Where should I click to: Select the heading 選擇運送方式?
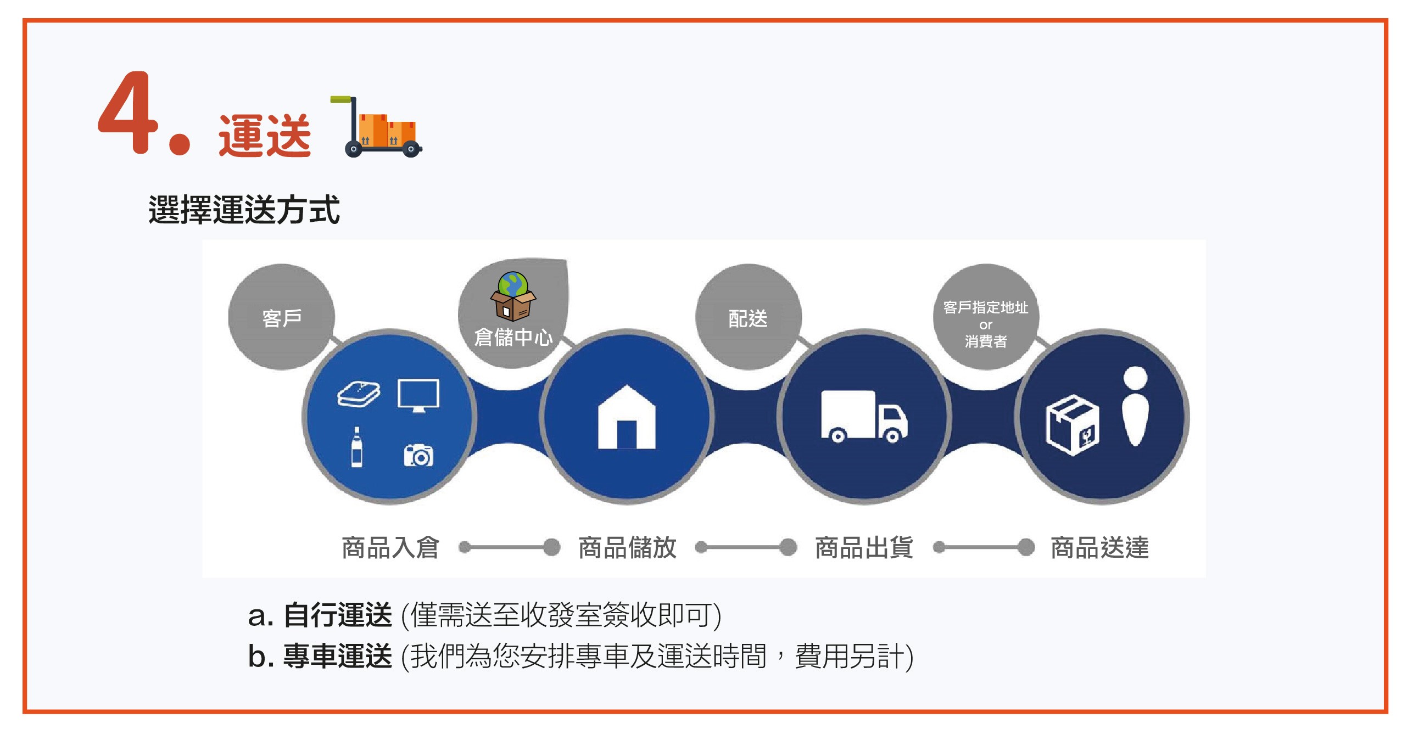click(244, 209)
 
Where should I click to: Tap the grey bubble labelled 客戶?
click(282, 317)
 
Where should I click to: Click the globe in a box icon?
click(513, 296)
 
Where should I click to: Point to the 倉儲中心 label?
click(513, 337)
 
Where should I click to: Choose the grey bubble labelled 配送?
click(748, 317)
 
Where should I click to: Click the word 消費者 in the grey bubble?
click(986, 341)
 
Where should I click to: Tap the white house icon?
click(627, 417)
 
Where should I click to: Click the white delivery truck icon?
click(864, 416)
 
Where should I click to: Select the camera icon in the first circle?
click(418, 455)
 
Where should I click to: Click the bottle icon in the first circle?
click(356, 447)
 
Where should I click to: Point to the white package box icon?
click(1073, 425)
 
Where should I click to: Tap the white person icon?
click(1135, 406)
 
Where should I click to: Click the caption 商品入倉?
click(390, 547)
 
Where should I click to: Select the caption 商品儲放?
click(628, 547)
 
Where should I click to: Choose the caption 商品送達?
click(1099, 547)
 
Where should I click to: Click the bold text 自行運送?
click(338, 615)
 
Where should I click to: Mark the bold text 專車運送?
click(338, 656)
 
